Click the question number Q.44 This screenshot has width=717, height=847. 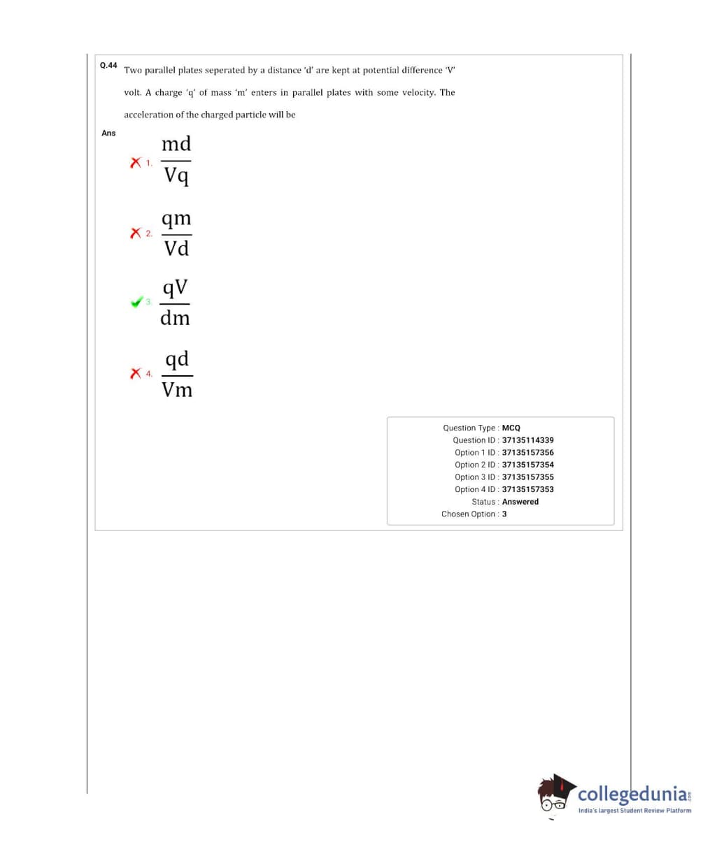(108, 65)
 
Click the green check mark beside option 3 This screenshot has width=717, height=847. (136, 302)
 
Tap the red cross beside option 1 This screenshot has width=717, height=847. (136, 163)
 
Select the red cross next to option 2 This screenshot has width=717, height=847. (136, 233)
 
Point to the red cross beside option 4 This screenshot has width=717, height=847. (136, 374)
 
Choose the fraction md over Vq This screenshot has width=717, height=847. (176, 160)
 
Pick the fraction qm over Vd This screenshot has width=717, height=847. (176, 233)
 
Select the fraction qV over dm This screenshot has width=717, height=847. (175, 303)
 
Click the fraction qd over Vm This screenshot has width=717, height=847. (177, 375)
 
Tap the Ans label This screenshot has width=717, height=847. (108, 133)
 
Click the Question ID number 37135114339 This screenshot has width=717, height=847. (527, 440)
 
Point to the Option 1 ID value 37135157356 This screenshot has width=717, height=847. (527, 453)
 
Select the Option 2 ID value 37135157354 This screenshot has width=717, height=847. (527, 465)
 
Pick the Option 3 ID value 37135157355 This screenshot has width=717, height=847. (527, 477)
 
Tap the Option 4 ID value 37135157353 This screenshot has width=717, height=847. (527, 489)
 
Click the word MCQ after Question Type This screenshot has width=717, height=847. (511, 428)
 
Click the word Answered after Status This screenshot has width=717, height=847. (520, 502)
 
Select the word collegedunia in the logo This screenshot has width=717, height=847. (632, 794)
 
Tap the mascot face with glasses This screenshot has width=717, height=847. (555, 797)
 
